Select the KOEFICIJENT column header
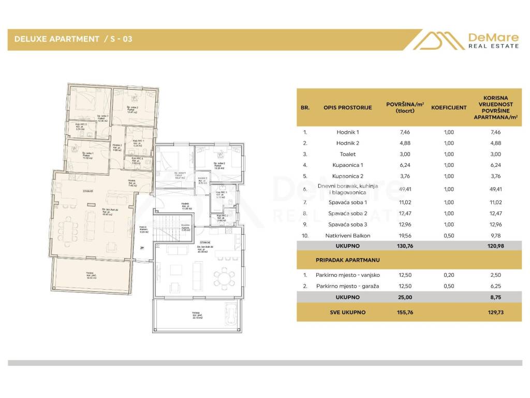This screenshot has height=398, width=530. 449,108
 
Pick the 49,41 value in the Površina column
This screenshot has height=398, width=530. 405,189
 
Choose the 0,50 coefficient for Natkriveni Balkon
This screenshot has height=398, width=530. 449,235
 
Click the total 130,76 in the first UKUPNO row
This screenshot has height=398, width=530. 405,247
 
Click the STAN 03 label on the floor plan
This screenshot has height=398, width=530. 87,191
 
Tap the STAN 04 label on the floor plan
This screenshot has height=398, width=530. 205,242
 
